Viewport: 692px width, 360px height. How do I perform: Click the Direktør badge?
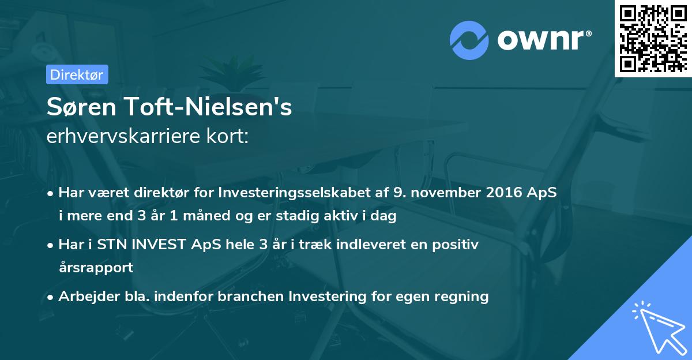(x=77, y=74)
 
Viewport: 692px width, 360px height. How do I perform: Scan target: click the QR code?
(x=653, y=38)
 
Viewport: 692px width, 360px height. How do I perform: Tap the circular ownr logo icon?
(x=469, y=40)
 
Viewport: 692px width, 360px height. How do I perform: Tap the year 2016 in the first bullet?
(x=505, y=192)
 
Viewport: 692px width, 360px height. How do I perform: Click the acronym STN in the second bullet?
(x=112, y=244)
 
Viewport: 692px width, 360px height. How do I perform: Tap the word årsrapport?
(x=96, y=268)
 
